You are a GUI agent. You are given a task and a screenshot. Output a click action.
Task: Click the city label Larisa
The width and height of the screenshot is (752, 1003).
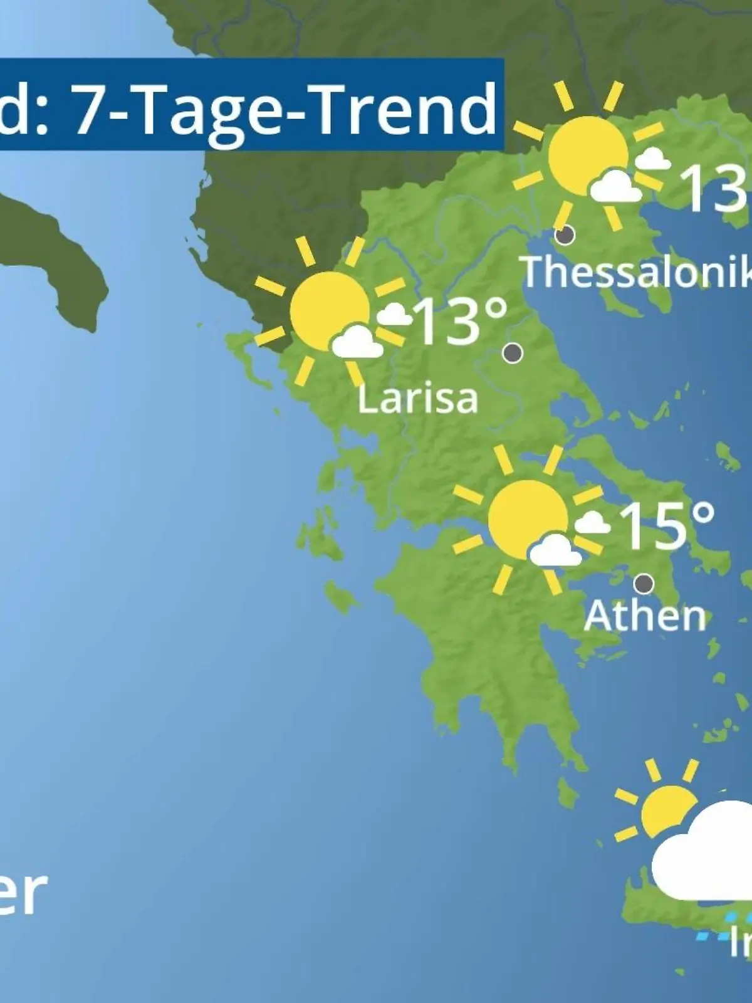(417, 399)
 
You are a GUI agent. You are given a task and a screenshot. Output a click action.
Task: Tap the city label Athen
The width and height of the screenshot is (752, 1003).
(645, 616)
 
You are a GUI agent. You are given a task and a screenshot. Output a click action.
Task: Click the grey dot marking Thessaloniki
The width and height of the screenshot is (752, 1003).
(565, 236)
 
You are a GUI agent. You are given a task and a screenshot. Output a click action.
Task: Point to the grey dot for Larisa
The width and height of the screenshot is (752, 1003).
(513, 353)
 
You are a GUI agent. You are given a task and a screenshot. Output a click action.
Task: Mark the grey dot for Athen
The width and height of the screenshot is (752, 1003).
(644, 584)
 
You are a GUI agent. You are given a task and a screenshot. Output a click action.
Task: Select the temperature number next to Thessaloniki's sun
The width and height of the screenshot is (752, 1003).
(714, 188)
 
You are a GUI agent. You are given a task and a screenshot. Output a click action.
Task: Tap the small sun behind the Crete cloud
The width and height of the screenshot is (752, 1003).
(666, 812)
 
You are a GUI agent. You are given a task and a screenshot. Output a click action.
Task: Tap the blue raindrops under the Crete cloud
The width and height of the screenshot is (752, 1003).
(721, 928)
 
